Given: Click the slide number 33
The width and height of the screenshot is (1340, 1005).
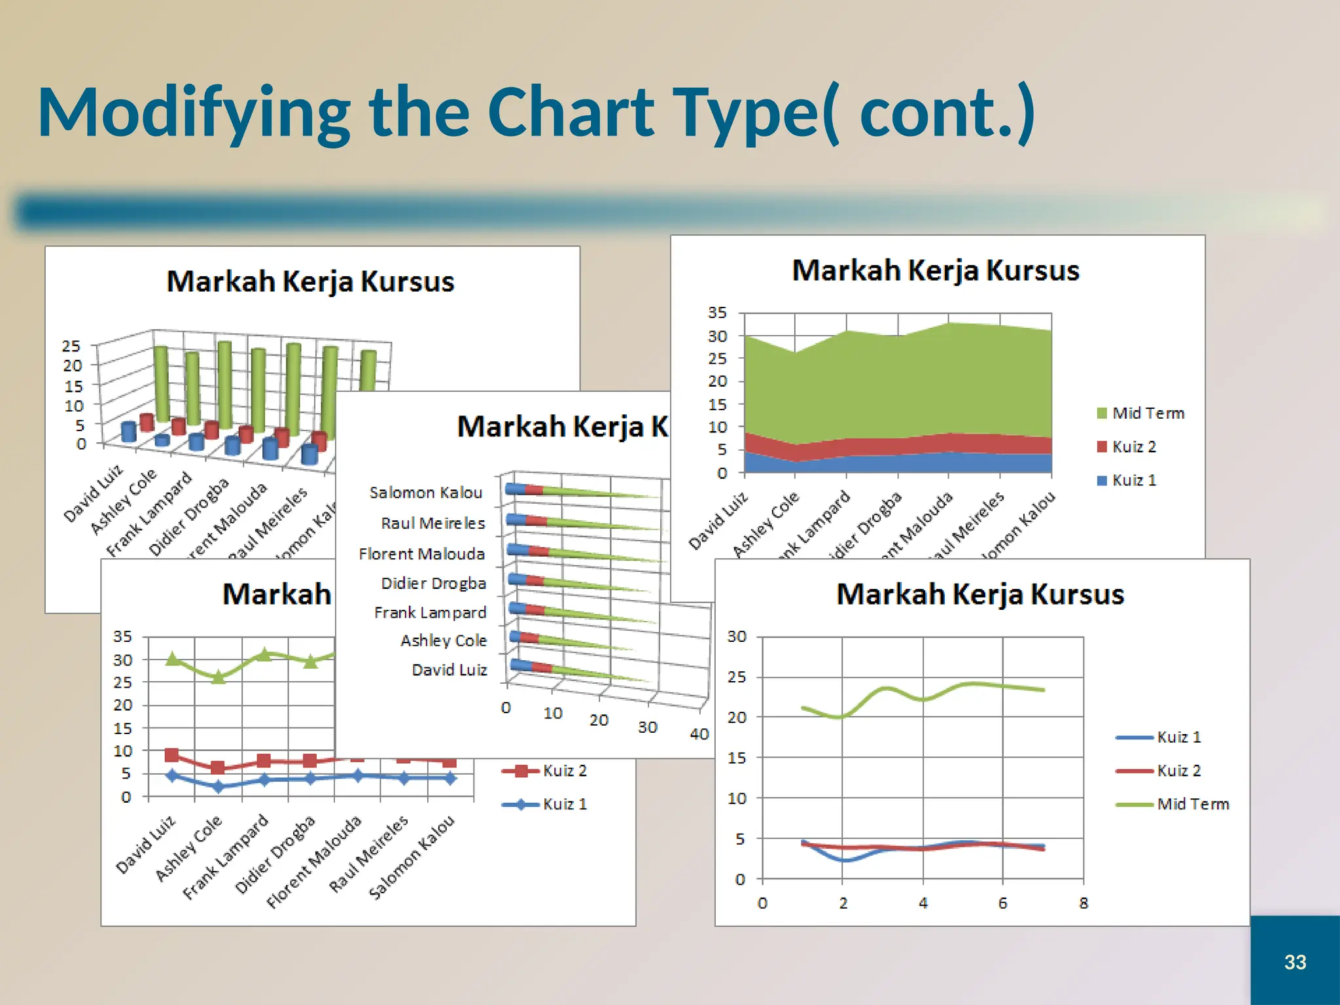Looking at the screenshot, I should pos(1295,962).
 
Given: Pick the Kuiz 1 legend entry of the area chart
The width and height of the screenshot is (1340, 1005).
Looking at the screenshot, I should pos(1127,480).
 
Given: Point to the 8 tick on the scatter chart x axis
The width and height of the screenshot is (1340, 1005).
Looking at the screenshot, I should pos(1084,904).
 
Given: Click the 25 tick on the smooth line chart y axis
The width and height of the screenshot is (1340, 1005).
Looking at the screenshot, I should pos(737,677).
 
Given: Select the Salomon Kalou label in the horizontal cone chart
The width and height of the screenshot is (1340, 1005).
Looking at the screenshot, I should pos(425,493).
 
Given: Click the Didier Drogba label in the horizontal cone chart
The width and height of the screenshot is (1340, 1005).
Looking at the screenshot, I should pos(433,583).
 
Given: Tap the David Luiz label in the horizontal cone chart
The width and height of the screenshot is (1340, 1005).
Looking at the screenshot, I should pos(449,670).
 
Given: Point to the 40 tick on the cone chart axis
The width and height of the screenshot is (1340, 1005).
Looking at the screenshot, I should pos(699,734).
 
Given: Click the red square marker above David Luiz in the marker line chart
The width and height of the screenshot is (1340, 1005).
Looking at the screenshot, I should pos(172,756).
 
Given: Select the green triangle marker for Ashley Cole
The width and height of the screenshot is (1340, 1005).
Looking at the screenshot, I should pos(219,677).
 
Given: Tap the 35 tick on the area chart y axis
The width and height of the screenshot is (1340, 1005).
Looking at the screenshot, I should pos(717,313).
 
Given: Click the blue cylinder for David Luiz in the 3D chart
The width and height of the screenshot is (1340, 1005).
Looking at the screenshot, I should pos(129,432).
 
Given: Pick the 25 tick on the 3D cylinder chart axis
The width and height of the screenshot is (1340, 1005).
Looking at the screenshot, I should pos(71,346).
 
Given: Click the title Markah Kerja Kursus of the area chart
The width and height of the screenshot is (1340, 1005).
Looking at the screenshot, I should pos(935,271).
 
